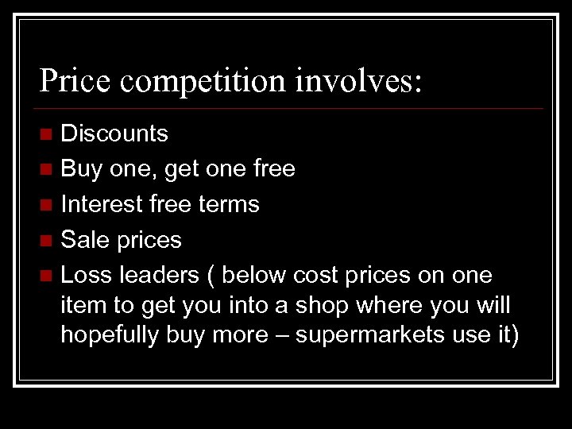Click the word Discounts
click(x=114, y=133)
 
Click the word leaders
click(x=159, y=274)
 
